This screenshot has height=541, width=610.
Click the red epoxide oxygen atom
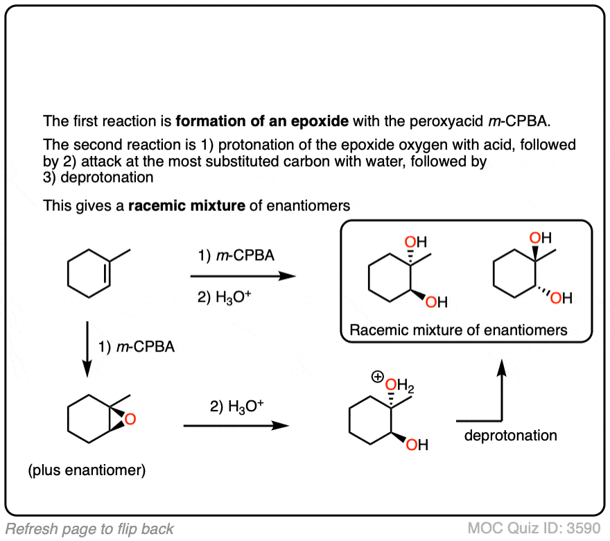coord(131,419)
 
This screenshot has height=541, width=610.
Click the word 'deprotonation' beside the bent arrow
coord(510,436)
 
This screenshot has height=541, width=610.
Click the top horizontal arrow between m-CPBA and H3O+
coord(242,276)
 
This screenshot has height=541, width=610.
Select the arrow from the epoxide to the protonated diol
coord(236,425)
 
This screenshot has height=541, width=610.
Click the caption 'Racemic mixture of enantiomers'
coord(458,330)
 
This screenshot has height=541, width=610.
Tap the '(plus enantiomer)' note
coord(87,471)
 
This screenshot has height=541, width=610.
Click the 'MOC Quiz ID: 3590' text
coord(534,528)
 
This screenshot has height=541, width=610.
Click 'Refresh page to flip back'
coord(89,529)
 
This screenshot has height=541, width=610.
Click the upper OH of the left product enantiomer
coord(415,242)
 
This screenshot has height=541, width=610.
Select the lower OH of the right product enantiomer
coord(561,299)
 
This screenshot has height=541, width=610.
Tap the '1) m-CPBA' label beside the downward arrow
coord(136,347)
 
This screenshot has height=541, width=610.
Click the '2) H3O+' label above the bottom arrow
coord(236,407)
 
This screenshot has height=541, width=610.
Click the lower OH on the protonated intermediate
coord(417,445)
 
